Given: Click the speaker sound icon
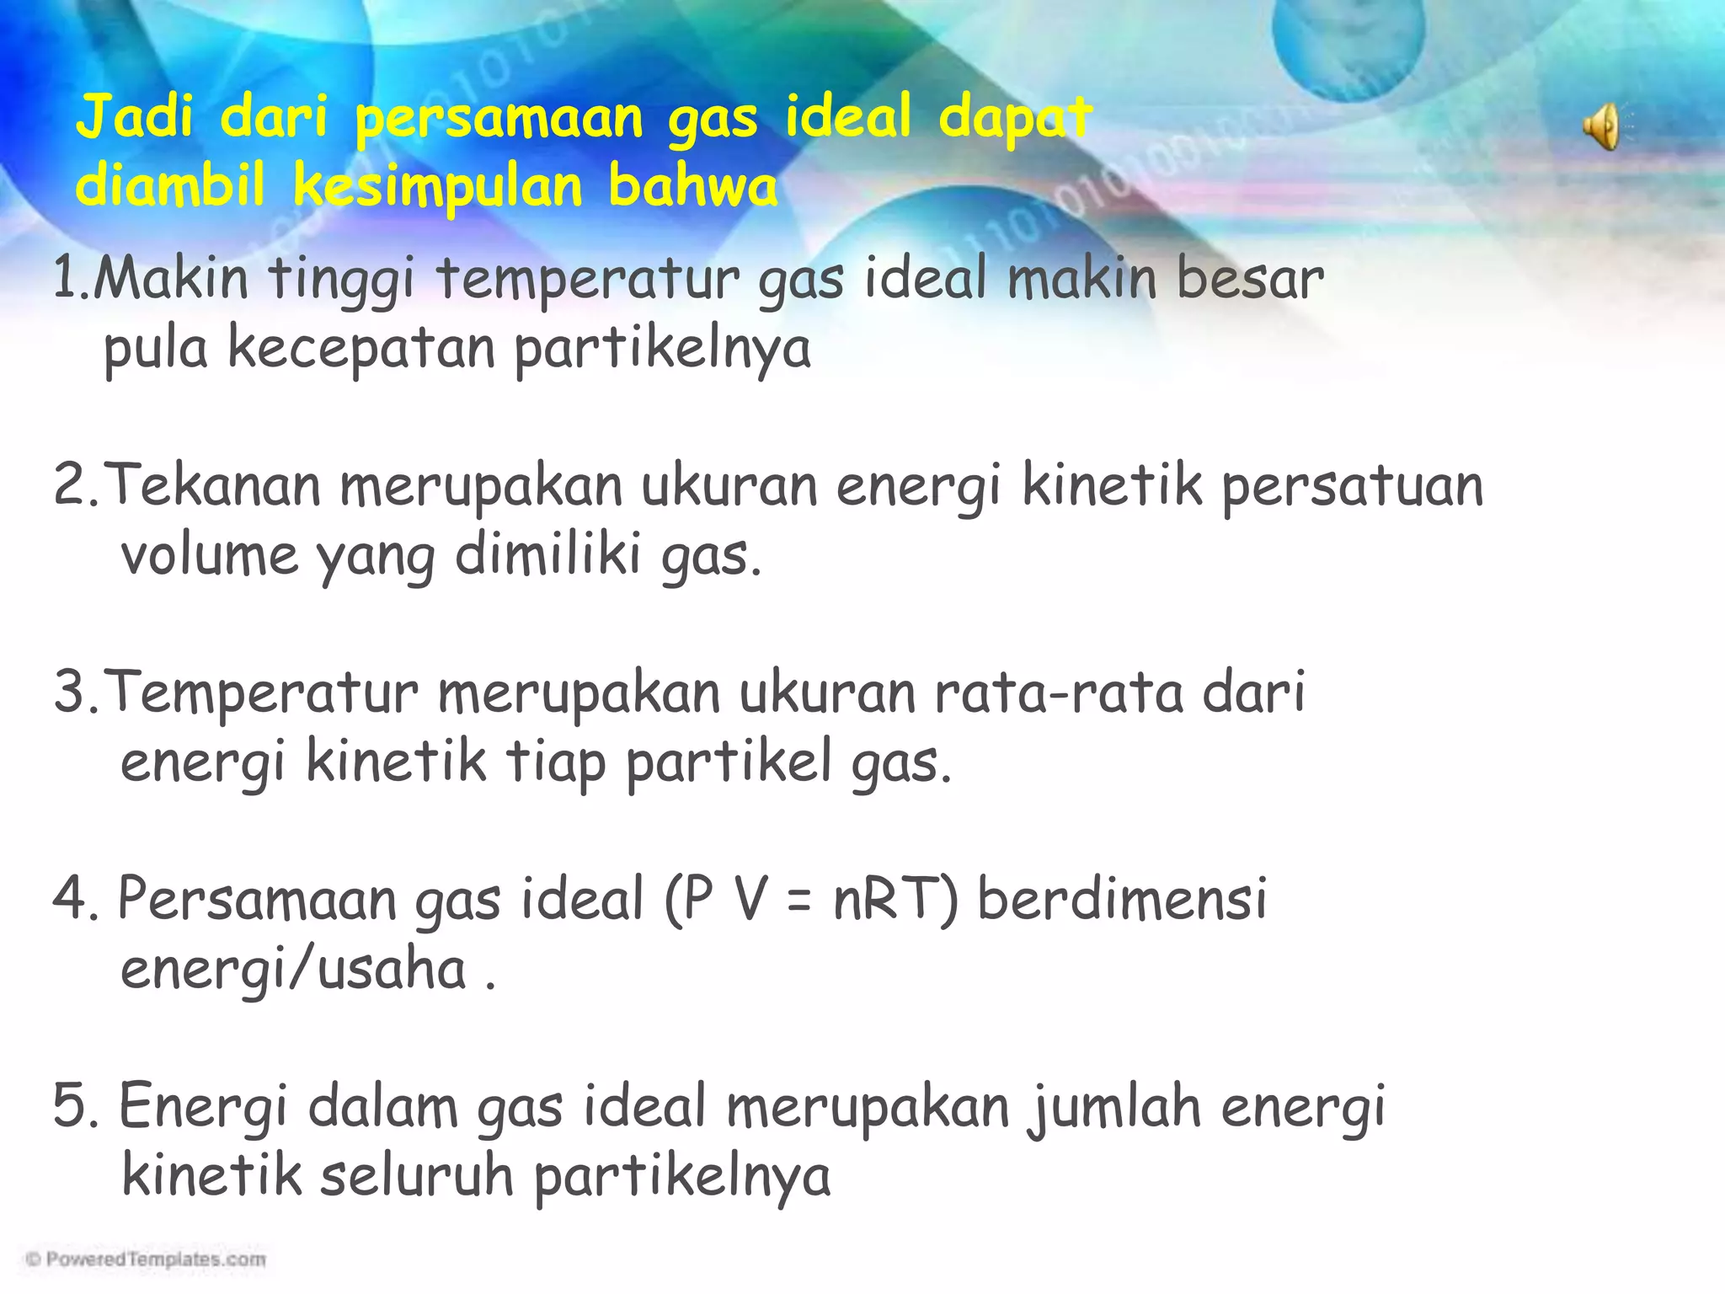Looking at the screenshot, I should click(x=1602, y=127).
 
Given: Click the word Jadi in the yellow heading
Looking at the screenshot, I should click(x=135, y=117).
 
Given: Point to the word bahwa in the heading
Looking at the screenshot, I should click(x=692, y=186).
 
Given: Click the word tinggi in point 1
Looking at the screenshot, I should click(x=341, y=280).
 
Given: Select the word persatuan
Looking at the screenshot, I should click(x=1353, y=487).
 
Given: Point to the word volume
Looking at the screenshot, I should click(x=210, y=556).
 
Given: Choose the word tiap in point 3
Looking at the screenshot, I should click(x=555, y=763).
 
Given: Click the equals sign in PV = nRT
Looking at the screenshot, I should click(x=800, y=900).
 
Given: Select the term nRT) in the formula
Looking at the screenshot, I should click(x=895, y=899).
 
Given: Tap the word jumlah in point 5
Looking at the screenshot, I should click(x=1114, y=1108).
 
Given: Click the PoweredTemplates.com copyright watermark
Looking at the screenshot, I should click(x=146, y=1259).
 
